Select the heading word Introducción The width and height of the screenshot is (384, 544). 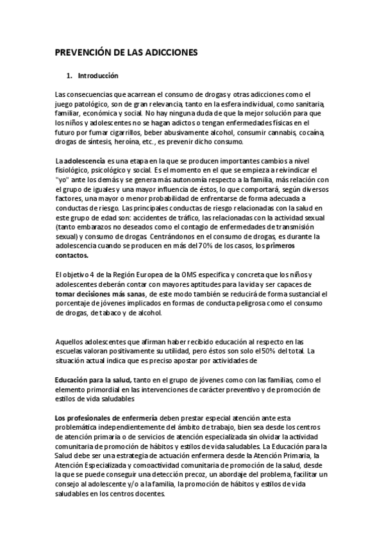point(98,76)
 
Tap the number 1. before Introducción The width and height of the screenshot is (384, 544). point(70,76)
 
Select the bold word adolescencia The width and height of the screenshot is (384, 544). point(87,160)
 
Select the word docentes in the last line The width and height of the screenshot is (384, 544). point(149,494)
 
